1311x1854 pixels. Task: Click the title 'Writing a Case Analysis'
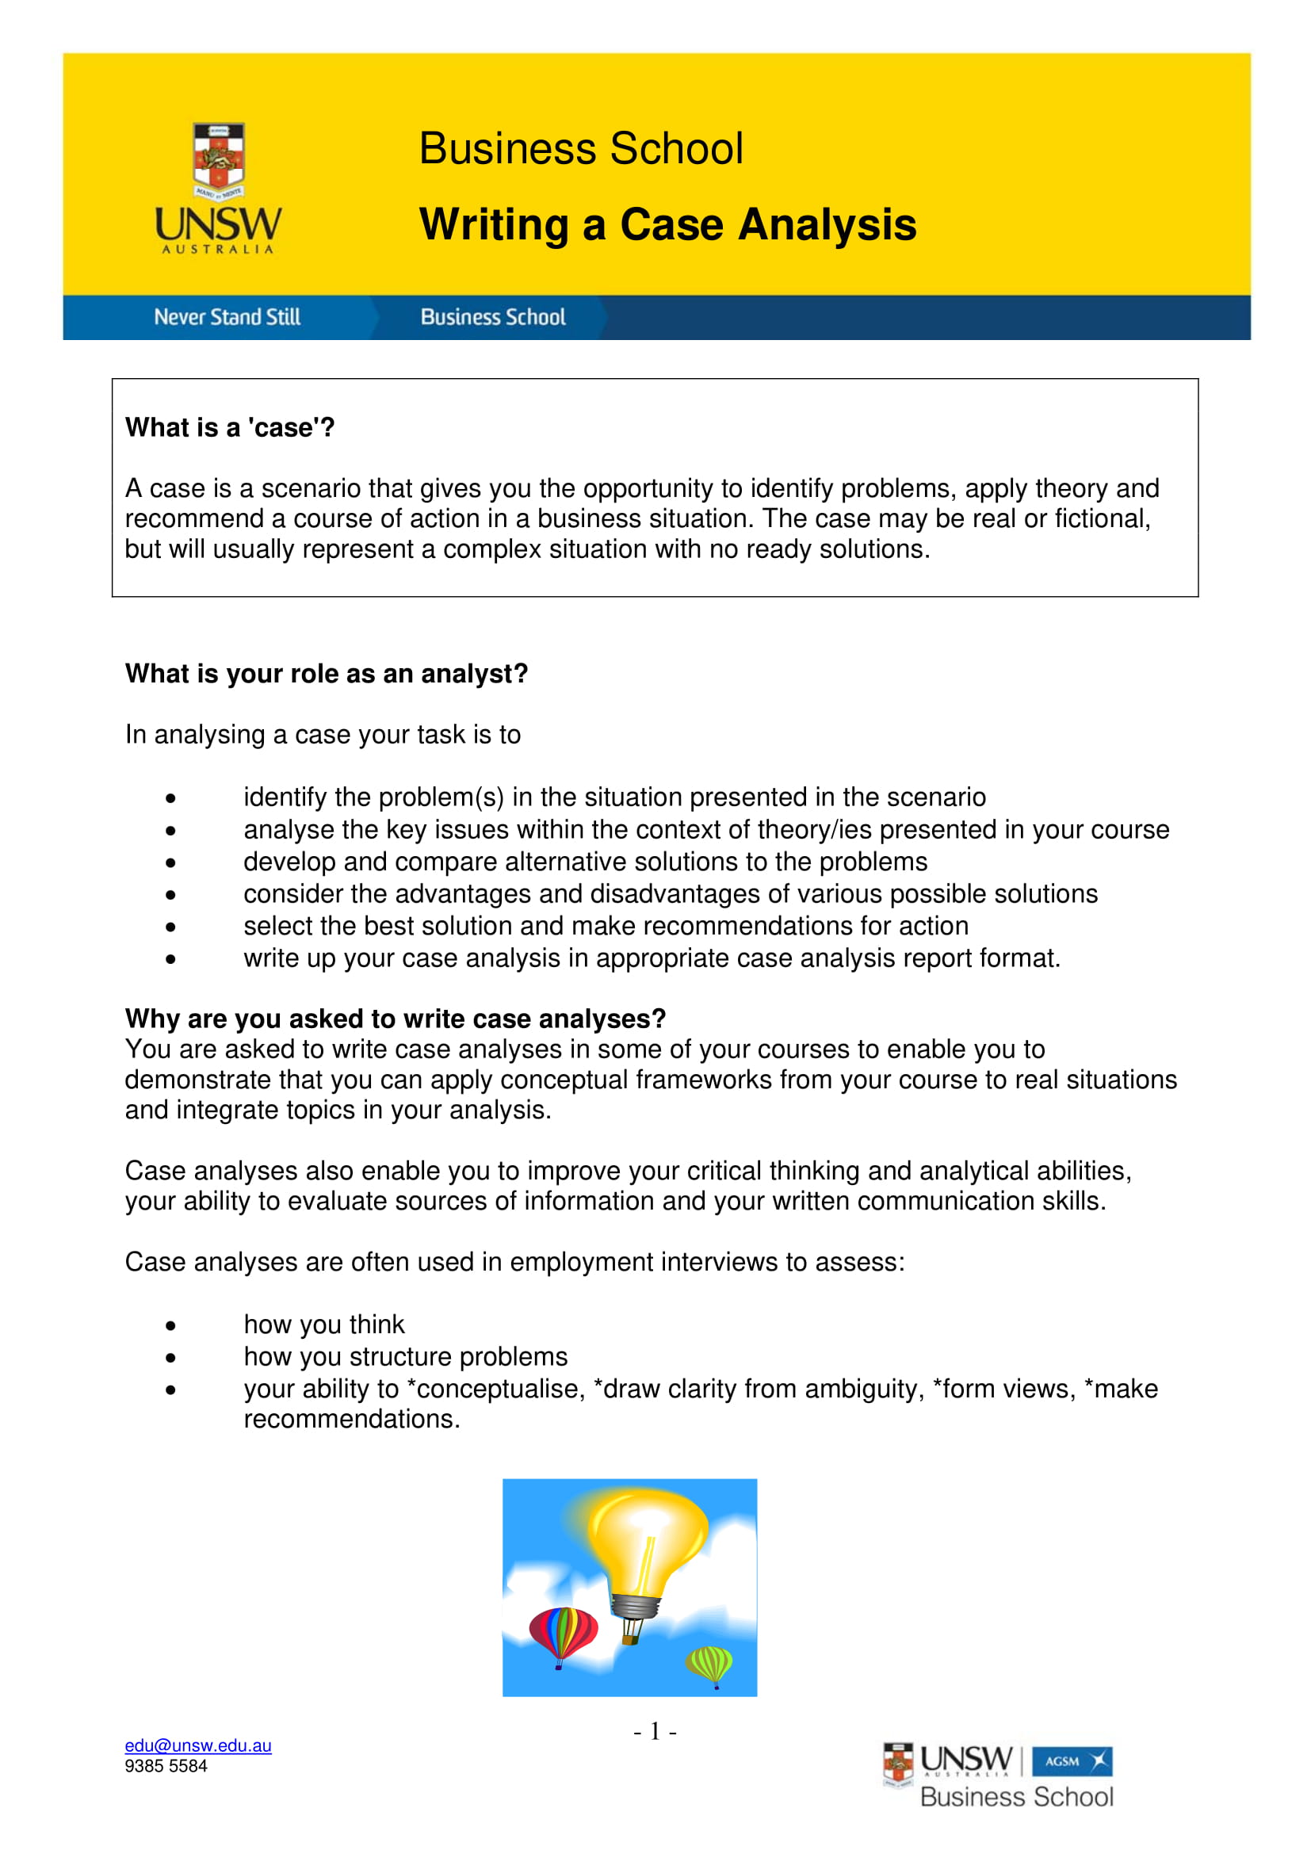point(667,224)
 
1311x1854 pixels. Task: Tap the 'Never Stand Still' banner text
point(227,317)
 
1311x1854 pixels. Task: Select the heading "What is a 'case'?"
point(230,427)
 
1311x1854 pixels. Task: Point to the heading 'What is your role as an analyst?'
point(326,674)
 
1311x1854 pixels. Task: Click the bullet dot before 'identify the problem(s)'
point(170,799)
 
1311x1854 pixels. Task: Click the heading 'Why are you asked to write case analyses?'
point(396,1019)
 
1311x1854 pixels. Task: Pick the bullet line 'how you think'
point(323,1325)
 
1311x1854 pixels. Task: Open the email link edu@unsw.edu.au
point(198,1745)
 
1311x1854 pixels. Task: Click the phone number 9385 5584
point(166,1766)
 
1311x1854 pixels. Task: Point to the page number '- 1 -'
point(655,1730)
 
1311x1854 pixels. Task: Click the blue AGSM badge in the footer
point(1072,1761)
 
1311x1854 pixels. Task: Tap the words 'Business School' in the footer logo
point(1016,1797)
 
